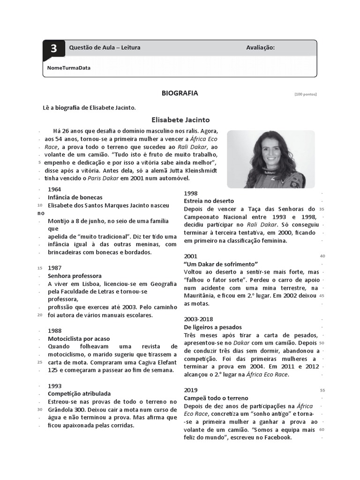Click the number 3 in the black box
54,49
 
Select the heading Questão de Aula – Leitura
104,48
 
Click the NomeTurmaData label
69,67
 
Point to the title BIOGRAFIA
180,93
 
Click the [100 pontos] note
306,94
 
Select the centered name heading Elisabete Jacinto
180,120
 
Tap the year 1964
55,189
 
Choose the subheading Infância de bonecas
75,197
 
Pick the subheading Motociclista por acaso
79,338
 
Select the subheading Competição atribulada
79,394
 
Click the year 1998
191,193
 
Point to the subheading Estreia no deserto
209,201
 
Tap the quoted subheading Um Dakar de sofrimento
221,264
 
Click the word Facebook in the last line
276,437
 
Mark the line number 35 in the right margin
322,209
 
